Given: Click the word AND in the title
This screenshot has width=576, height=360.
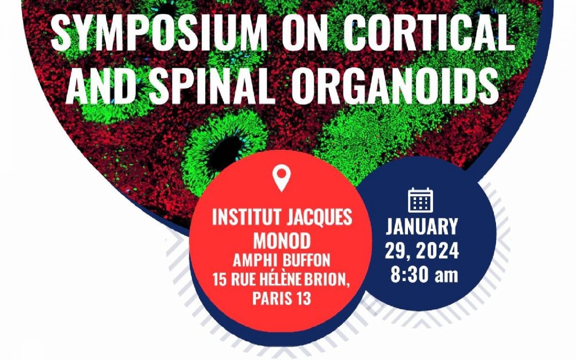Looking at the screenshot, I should (103, 86).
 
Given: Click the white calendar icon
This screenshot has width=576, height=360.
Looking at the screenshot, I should (421, 200).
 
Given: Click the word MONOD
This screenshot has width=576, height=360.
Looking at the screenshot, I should (282, 241).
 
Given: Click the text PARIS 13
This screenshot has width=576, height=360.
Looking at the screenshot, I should (282, 298).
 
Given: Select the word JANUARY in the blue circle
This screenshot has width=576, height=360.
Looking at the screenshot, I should (421, 227).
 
